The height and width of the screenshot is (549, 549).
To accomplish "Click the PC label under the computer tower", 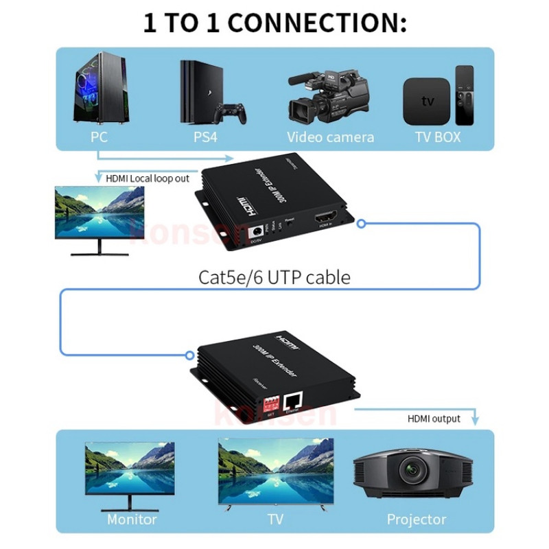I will (x=99, y=137).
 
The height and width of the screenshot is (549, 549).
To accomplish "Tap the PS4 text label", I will (x=205, y=137).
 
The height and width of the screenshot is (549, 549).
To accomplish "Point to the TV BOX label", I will (x=438, y=137).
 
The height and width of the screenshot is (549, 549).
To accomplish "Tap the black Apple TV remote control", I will (x=465, y=95).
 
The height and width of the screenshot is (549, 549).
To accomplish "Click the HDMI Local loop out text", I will (x=148, y=178).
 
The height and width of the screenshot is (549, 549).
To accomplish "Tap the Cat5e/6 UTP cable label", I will (x=274, y=277).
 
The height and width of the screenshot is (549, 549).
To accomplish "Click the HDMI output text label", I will (x=434, y=418).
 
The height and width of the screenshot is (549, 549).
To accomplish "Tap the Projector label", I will (x=416, y=519).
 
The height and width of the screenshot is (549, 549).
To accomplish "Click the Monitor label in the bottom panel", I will (x=132, y=519).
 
